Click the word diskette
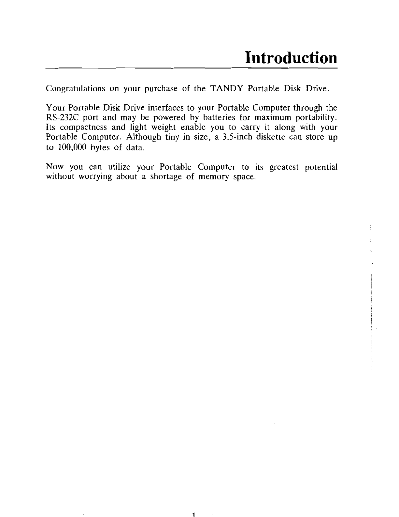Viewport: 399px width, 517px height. pos(271,137)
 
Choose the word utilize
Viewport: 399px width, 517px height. pos(119,167)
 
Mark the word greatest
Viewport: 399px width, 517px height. pos(284,167)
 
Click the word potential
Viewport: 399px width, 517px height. pos(321,167)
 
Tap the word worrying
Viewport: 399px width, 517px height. pos(95,177)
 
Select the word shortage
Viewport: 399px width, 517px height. pos(165,177)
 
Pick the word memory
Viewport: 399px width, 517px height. pos(214,177)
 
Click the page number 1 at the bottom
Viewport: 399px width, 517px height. pos(193,515)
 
